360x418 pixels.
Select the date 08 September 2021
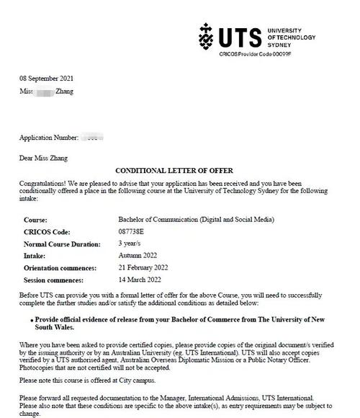click(46, 79)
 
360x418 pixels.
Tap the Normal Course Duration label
click(61, 244)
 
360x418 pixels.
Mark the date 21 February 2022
click(144, 267)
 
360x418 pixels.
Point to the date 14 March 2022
click(140, 279)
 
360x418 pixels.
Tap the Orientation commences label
click(59, 267)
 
